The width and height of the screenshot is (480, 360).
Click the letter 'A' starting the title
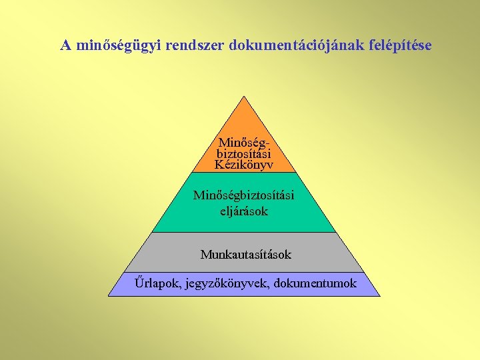pyautogui.click(x=66, y=46)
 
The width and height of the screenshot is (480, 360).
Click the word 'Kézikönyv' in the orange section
pyautogui.click(x=244, y=164)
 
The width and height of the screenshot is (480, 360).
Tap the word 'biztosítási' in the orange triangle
pyautogui.click(x=244, y=153)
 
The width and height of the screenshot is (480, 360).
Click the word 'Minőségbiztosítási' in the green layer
pyautogui.click(x=244, y=195)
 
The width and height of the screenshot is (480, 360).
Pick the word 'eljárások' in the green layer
pyautogui.click(x=244, y=211)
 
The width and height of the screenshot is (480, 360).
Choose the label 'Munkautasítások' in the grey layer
pyautogui.click(x=246, y=255)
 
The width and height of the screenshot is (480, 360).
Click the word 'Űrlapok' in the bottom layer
pyautogui.click(x=152, y=283)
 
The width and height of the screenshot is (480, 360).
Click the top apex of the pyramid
pyautogui.click(x=245, y=97)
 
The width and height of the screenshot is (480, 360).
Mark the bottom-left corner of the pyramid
pyautogui.click(x=109, y=295)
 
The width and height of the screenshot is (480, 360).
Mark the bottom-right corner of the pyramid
pyautogui.click(x=380, y=295)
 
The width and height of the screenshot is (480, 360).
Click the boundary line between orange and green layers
pyautogui.click(x=245, y=173)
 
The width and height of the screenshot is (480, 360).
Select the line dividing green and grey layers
pyautogui.click(x=245, y=232)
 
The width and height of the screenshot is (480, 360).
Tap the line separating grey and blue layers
pyautogui.click(x=245, y=272)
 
